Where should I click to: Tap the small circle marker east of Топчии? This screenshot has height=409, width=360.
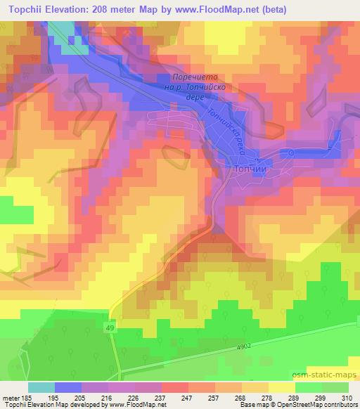(x=290, y=152)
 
